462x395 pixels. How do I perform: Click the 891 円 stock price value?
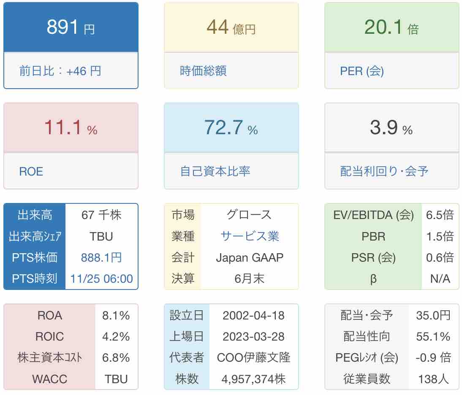[x=71, y=28]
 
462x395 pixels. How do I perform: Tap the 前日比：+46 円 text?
[x=60, y=70]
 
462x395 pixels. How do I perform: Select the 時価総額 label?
[x=203, y=70]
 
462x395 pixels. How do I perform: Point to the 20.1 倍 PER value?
[x=391, y=28]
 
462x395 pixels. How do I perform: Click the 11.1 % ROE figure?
[x=71, y=128]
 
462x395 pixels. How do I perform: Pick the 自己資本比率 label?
[x=215, y=171]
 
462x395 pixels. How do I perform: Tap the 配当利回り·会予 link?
[x=384, y=171]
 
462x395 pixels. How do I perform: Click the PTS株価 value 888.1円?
[x=101, y=257]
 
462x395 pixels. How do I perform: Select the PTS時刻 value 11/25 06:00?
[x=101, y=279]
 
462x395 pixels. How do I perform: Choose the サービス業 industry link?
[x=250, y=236]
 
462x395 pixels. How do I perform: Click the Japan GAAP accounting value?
[x=250, y=257]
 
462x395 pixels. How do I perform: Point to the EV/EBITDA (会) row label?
[x=373, y=215]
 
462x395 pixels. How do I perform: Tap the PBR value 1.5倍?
[x=440, y=236]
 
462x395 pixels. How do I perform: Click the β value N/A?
[x=440, y=279]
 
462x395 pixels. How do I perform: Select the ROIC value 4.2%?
[x=116, y=337]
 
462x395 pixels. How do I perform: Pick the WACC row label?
[x=49, y=379]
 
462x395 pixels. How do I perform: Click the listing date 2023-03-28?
[x=253, y=337]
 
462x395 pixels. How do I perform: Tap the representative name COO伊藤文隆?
[x=253, y=358]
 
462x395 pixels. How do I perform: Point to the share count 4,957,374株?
[x=253, y=379]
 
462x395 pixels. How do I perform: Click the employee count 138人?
[x=433, y=379]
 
